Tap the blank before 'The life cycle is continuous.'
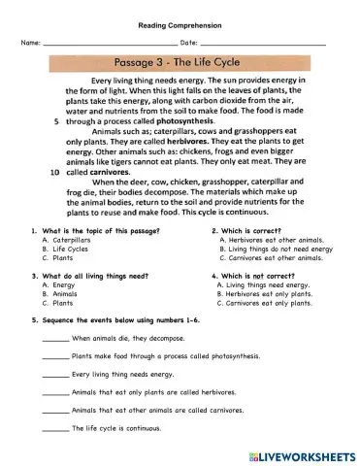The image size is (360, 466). tap(56, 428)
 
